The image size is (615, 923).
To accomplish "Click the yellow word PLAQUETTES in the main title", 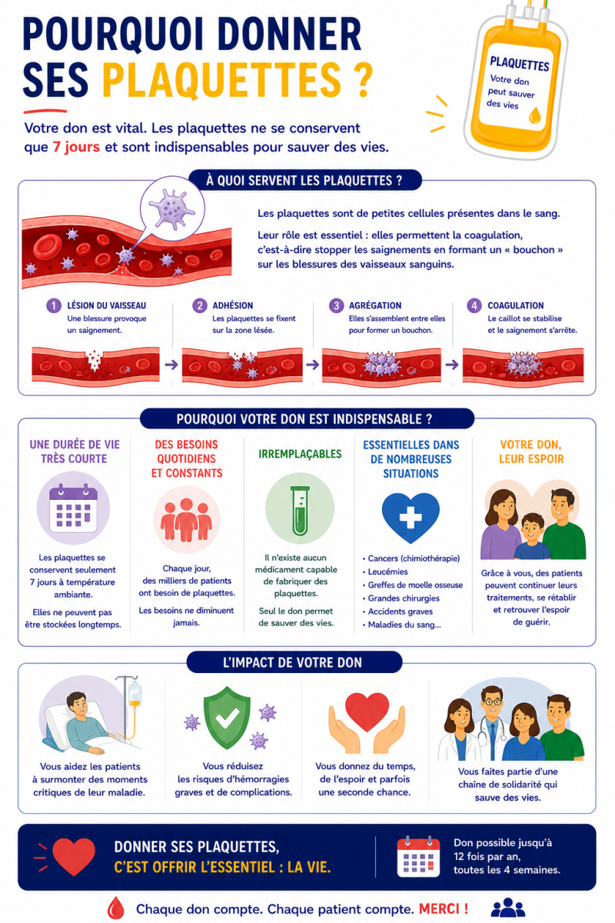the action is coord(221,80).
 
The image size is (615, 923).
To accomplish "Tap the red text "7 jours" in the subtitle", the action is coord(76,147).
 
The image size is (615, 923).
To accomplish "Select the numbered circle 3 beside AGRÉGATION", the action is coord(336,305).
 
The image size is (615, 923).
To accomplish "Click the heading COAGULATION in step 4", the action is coord(515,305).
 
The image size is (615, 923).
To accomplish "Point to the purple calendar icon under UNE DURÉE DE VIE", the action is coord(73,508).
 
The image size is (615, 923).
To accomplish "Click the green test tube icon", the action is coord(300,510).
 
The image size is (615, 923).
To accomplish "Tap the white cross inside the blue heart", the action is coord(411,517).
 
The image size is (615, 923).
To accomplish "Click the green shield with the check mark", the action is coord(227,717).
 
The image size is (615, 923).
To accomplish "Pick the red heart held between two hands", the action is coord(367,711).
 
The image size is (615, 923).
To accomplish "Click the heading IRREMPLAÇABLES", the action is coord(300,454).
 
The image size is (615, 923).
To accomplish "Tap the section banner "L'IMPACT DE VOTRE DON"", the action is coord(294,662).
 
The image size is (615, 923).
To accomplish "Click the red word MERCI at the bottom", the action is coord(444,908).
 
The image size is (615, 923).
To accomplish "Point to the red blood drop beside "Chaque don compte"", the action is coord(115,908).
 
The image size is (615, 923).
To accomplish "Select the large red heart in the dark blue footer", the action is coord(74,857).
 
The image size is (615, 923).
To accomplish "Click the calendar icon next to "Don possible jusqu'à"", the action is coord(418,857).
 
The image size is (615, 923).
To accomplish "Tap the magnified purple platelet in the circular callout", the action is coord(171,208).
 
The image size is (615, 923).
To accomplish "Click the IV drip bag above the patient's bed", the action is coord(135,695).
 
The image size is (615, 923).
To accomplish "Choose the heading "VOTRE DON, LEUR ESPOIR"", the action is coord(531,452).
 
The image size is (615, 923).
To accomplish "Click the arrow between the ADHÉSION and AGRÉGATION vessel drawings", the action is coord(312,365).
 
